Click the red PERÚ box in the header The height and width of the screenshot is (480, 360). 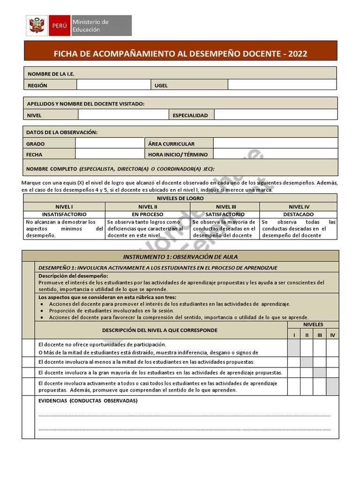(x=60, y=25)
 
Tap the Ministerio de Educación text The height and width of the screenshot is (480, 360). (x=91, y=25)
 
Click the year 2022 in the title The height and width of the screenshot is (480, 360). (x=298, y=54)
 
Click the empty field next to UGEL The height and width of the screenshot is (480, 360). (x=282, y=85)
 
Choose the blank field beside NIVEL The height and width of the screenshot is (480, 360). (x=123, y=114)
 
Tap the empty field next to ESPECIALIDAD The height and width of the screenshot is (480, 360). (x=276, y=114)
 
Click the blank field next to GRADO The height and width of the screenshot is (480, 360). (x=109, y=143)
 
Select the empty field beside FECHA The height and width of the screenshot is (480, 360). (x=109, y=154)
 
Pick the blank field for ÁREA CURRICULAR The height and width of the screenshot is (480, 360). (x=275, y=143)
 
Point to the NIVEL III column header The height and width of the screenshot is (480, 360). (x=224, y=206)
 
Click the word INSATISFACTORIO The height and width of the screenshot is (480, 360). (x=64, y=214)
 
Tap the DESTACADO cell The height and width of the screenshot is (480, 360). (x=299, y=214)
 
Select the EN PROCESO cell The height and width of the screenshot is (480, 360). (x=145, y=214)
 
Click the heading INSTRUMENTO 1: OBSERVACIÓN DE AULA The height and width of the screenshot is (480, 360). (x=180, y=256)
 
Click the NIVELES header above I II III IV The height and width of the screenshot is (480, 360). (x=313, y=324)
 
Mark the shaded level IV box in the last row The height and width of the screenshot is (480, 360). (x=332, y=387)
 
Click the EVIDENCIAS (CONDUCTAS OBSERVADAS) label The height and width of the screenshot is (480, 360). (x=88, y=401)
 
